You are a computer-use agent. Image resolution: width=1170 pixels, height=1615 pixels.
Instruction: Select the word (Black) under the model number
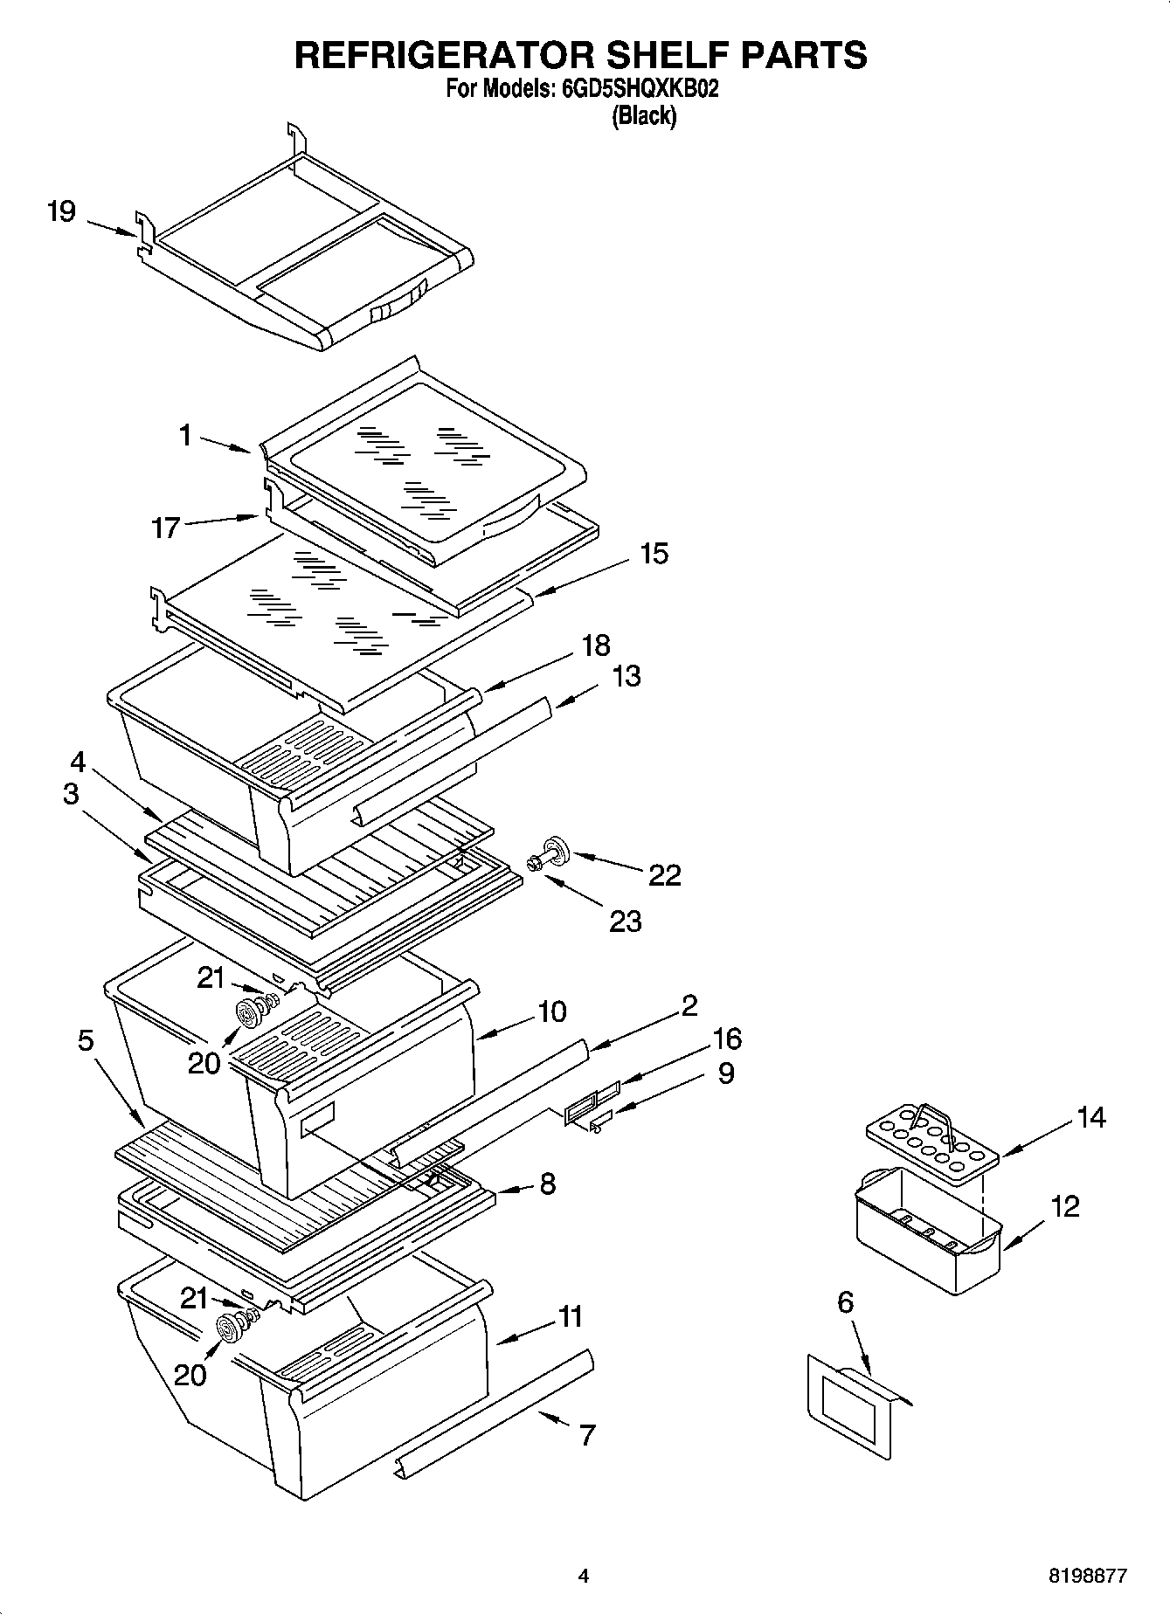click(644, 115)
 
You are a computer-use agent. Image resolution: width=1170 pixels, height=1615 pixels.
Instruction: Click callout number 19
click(62, 211)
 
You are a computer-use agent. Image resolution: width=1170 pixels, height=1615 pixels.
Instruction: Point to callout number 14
click(1091, 1117)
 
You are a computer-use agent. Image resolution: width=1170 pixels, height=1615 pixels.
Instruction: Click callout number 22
click(665, 874)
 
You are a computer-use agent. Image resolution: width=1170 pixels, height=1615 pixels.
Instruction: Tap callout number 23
click(626, 921)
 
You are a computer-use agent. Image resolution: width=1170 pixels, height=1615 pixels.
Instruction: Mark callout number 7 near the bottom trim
click(587, 1434)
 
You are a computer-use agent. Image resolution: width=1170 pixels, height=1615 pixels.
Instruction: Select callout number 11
click(571, 1316)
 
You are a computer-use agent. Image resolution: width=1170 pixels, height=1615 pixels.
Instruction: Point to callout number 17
click(166, 528)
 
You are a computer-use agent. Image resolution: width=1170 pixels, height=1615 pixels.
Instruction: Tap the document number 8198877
click(1088, 1577)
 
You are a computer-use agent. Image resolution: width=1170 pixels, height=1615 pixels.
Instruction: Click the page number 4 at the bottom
click(584, 1577)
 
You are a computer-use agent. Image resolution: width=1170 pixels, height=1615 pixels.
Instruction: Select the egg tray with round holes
click(931, 1145)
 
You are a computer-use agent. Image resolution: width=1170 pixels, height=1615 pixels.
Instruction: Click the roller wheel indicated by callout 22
click(554, 847)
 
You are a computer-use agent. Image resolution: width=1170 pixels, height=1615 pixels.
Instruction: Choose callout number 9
click(725, 1073)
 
